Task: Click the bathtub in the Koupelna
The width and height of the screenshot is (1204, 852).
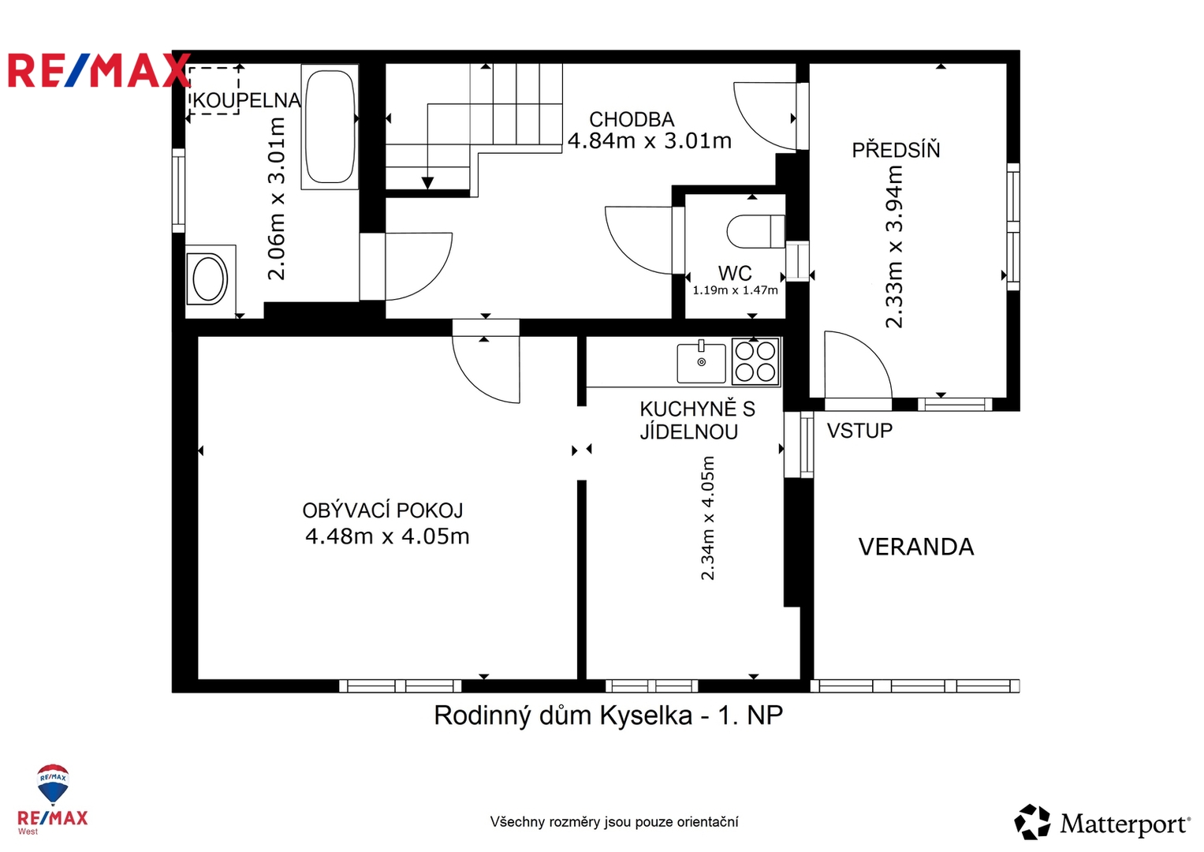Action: point(330,127)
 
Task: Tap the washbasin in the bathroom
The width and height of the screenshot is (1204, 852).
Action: point(211,279)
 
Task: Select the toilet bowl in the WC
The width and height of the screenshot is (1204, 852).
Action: point(755,231)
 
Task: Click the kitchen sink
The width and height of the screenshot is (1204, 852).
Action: point(701,363)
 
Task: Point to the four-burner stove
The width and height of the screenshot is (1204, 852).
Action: point(755,361)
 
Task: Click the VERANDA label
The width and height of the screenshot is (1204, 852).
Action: point(916,547)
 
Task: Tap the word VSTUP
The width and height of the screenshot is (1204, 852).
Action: point(859,431)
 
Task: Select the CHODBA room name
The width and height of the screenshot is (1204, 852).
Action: point(632,119)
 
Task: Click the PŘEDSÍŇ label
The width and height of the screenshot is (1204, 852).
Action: point(896,150)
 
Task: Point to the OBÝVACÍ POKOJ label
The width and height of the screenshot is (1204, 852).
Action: point(382,510)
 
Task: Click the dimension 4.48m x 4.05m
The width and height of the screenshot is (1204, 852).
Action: point(387,536)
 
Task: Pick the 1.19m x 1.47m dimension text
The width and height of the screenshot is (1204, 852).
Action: point(735,290)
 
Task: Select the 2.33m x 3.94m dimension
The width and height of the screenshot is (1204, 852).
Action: point(894,246)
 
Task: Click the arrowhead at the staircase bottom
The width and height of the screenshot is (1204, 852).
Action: point(427,183)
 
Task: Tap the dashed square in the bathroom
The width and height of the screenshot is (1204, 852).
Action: point(214,91)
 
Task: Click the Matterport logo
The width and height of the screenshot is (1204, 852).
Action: point(1101,823)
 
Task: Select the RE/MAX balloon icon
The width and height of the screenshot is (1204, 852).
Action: point(53,783)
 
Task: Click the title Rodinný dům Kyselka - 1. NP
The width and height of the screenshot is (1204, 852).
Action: point(608,716)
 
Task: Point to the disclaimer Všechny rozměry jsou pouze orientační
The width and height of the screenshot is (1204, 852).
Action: point(613,822)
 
